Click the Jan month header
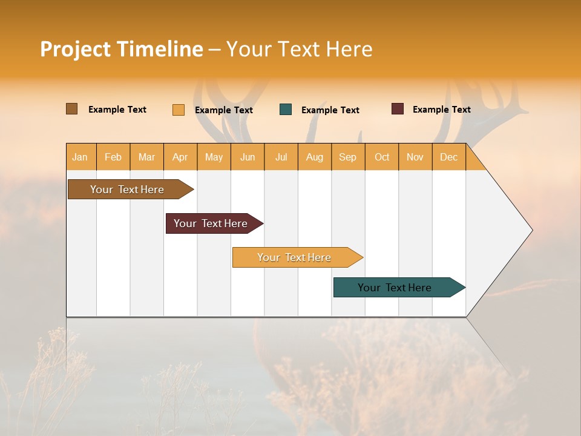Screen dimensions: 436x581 click(x=80, y=157)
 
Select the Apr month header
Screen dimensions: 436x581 click(x=180, y=157)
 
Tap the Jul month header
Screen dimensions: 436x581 click(x=281, y=157)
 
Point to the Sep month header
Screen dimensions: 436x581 click(x=348, y=157)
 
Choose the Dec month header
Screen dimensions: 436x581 click(x=448, y=157)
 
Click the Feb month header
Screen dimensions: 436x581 click(x=113, y=157)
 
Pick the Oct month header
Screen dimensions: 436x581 click(x=382, y=157)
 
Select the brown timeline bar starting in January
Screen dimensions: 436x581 click(x=127, y=190)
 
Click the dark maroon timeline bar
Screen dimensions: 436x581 click(x=211, y=223)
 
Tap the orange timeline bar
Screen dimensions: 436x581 click(x=294, y=257)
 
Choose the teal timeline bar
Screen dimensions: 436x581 click(x=395, y=288)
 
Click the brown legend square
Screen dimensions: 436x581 click(x=72, y=109)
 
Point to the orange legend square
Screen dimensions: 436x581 click(x=179, y=110)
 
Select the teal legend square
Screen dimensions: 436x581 click(x=286, y=110)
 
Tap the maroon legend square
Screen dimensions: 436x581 click(x=398, y=109)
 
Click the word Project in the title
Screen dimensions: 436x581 click(x=76, y=49)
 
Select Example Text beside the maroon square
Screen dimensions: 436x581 click(x=441, y=110)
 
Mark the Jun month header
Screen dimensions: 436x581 click(x=248, y=157)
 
